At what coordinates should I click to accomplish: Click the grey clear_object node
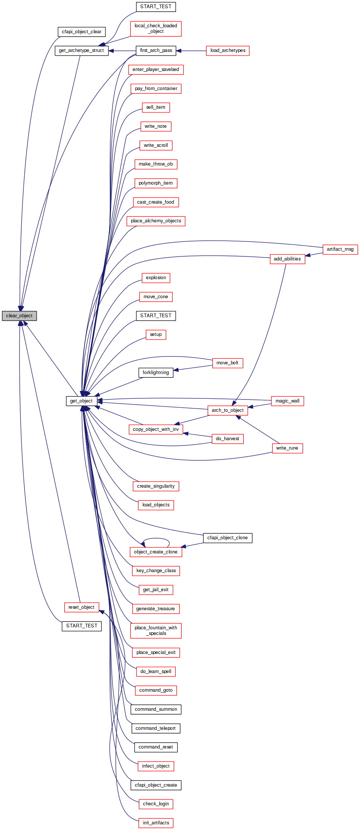point(19,316)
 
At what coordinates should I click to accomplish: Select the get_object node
point(81,401)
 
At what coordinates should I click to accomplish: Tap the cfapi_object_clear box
point(81,32)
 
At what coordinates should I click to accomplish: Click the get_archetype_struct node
point(81,50)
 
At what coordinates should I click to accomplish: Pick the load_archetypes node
point(228,50)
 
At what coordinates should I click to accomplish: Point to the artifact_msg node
point(340,249)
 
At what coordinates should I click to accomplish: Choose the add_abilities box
point(287,259)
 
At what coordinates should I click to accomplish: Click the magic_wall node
point(287,401)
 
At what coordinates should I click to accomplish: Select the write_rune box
point(287,448)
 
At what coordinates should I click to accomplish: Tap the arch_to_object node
point(227,410)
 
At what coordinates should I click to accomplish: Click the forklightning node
point(156,373)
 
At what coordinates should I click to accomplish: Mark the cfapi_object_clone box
point(227,538)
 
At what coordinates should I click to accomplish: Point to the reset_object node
point(81,607)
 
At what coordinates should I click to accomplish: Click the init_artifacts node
point(156,823)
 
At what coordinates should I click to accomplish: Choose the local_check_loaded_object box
point(156,29)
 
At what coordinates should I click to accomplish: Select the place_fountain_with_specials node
point(156,630)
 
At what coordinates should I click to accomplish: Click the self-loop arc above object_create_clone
point(156,539)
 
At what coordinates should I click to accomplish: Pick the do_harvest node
point(227,439)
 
